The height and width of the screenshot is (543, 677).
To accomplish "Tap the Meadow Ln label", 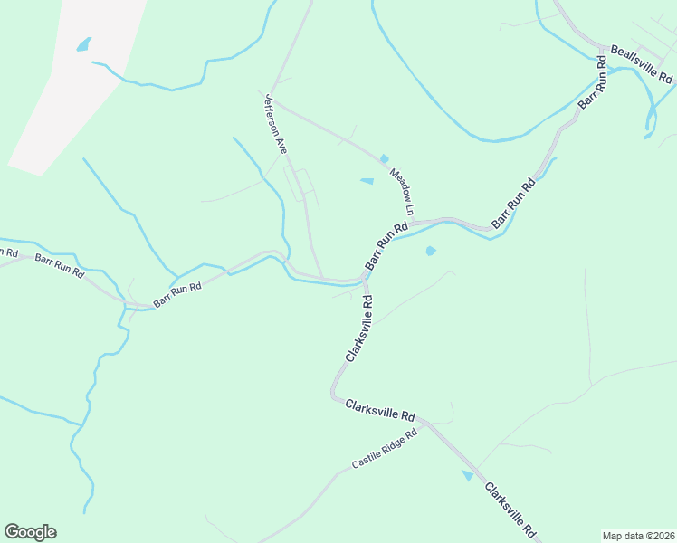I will point(402,191).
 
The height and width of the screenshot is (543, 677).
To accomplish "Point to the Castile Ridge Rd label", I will point(385,449).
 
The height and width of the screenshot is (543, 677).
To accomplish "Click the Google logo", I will point(30,532).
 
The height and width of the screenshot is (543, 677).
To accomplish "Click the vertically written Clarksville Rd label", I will point(358,327).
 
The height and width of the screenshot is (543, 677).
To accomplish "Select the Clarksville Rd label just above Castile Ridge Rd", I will point(380,410).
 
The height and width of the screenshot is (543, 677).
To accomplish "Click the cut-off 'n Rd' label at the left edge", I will point(9,253).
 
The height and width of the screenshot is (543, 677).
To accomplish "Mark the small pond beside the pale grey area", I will point(84,43).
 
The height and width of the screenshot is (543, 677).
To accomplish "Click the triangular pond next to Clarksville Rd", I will point(468,475).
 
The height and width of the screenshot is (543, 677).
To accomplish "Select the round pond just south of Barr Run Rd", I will point(430,251).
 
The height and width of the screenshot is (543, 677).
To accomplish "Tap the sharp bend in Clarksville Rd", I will point(334,395).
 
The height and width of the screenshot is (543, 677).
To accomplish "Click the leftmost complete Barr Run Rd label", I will point(60,265).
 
